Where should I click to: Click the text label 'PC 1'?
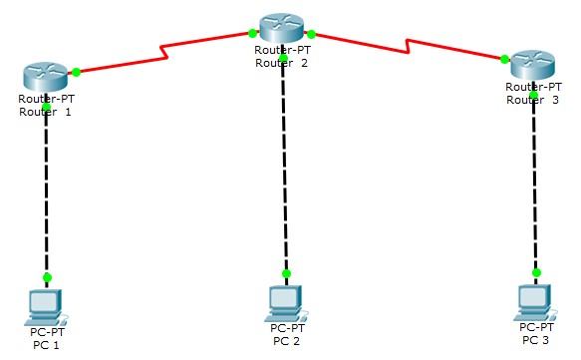[46, 345]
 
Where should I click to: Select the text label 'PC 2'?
[286, 340]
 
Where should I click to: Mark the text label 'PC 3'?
[536, 340]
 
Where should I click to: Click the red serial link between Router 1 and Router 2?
[164, 52]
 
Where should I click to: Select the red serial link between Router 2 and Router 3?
[409, 45]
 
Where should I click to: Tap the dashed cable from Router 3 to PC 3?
[535, 184]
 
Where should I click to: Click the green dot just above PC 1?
[46, 276]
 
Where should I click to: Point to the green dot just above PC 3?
[536, 271]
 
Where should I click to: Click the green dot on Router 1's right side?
[77, 71]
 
